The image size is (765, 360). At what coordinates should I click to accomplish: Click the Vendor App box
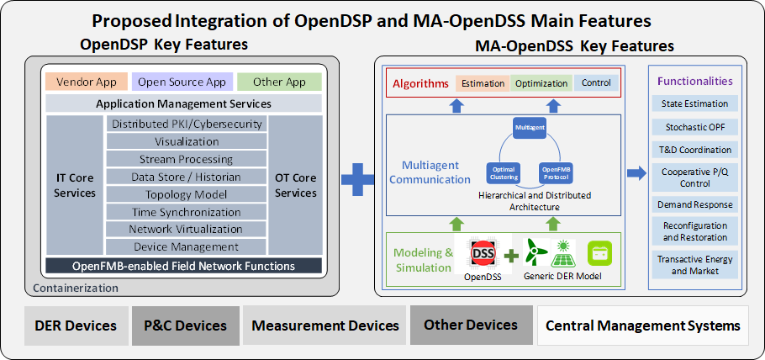87,82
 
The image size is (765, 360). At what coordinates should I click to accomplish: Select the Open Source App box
182,82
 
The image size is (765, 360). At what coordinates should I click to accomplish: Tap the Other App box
278,82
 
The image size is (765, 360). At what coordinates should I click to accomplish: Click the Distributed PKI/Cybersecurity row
187,124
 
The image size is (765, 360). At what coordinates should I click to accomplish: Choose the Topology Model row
187,194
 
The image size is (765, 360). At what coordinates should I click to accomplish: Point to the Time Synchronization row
187,212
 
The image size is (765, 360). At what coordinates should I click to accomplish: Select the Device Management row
187,247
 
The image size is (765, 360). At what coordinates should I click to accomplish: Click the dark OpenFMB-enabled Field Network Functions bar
183,266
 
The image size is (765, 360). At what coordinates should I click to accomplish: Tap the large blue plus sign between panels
357,177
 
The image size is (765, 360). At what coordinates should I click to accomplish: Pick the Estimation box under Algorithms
483,83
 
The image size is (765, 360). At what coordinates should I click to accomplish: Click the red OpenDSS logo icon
483,253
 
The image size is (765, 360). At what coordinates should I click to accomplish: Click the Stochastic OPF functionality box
694,127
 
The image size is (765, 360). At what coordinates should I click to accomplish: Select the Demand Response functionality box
694,204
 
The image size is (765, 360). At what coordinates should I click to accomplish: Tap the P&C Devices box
185,326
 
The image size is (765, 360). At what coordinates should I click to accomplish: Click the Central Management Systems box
643,326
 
